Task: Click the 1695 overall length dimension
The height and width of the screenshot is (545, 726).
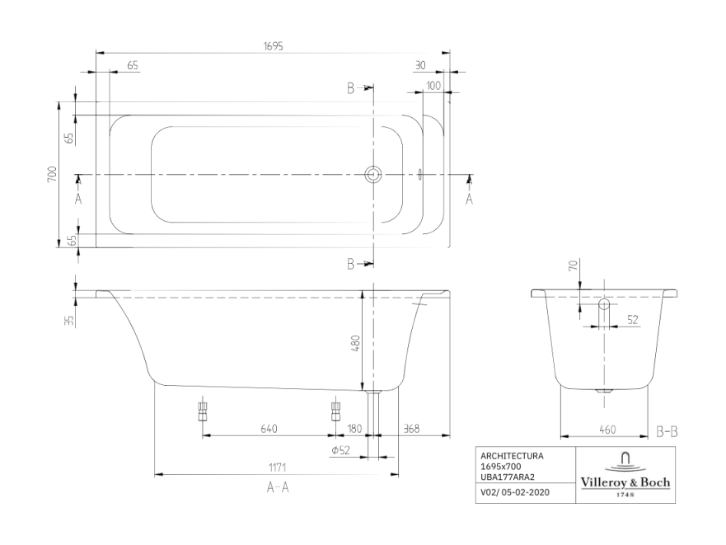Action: coord(273,46)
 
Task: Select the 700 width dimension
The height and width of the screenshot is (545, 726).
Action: coord(51,174)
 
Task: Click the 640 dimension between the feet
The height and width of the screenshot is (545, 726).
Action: coord(269,428)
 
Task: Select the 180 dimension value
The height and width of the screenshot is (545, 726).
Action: coord(355,428)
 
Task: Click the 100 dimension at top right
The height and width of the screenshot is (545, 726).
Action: coord(433,86)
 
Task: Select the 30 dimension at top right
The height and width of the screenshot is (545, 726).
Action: coord(421,65)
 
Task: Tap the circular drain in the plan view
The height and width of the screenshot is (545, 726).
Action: coord(373,174)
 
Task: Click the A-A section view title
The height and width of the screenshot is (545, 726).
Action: coord(277,488)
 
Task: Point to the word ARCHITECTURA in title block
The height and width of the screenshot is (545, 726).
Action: coord(511,455)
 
